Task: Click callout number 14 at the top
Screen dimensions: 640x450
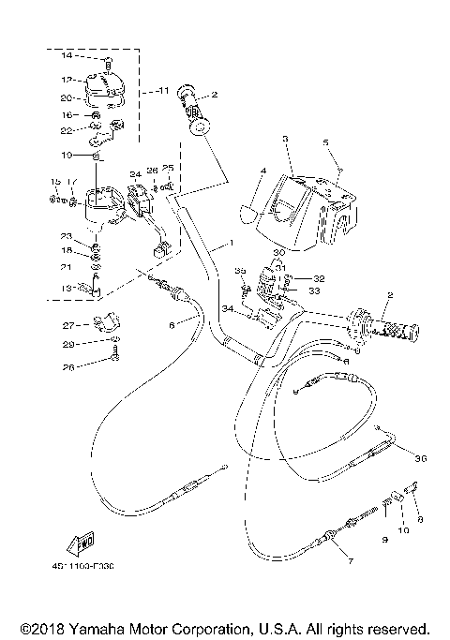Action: pyautogui.click(x=67, y=56)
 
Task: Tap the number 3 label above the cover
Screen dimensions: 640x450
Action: pyautogui.click(x=285, y=139)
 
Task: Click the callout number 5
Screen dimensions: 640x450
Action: pyautogui.click(x=326, y=143)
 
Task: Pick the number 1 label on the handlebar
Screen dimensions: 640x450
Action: pyautogui.click(x=227, y=242)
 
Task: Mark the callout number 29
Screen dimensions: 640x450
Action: pyautogui.click(x=67, y=344)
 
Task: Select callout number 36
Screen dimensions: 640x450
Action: pyautogui.click(x=419, y=458)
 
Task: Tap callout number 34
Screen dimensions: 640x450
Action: pyautogui.click(x=227, y=308)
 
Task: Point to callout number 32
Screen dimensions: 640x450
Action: pyautogui.click(x=319, y=278)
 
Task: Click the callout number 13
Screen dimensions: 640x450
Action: pyautogui.click(x=67, y=289)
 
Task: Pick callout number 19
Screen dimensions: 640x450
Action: pyautogui.click(x=67, y=154)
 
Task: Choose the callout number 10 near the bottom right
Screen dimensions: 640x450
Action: pyautogui.click(x=406, y=530)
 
